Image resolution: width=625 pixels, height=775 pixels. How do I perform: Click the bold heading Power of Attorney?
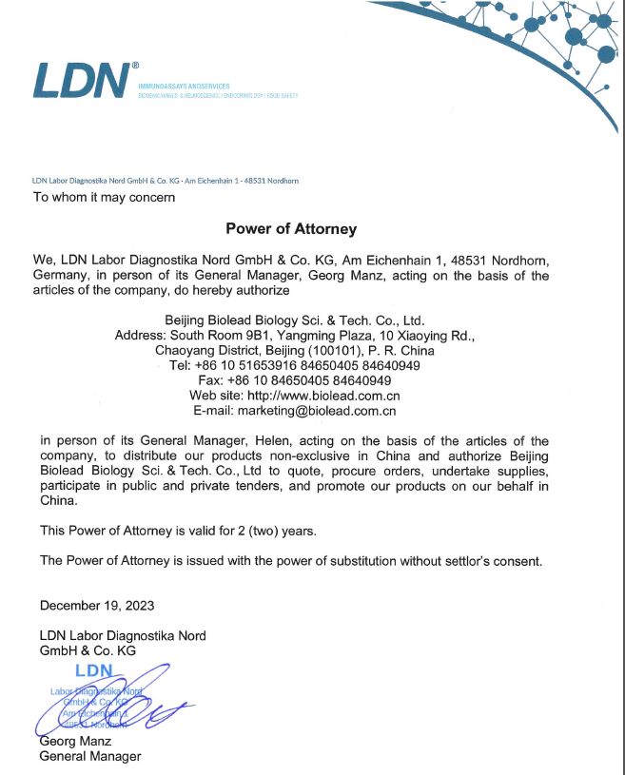(291, 228)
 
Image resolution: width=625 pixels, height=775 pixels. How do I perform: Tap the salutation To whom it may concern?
(105, 198)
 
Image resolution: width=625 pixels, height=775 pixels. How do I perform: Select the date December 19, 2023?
(97, 606)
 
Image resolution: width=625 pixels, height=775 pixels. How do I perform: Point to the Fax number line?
(294, 380)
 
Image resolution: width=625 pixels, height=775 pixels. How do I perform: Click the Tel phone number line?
(294, 365)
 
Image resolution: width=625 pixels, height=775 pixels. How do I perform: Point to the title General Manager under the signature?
(90, 756)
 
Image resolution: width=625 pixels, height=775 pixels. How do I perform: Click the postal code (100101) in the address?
(330, 350)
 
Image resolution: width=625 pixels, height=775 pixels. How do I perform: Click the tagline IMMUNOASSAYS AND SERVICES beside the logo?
(184, 87)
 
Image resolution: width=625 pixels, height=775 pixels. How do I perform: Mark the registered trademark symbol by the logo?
(135, 66)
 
